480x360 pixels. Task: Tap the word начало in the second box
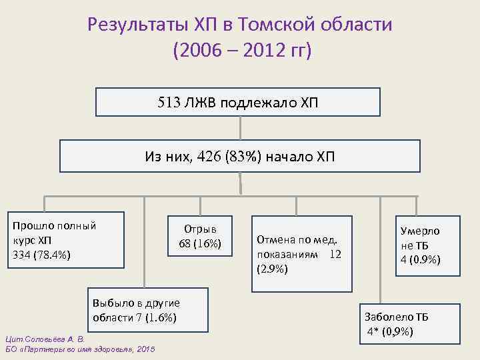coord(289,157)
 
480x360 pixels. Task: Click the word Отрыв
coord(199,228)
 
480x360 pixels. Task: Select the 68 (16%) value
coord(199,243)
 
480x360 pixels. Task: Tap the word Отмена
coord(275,241)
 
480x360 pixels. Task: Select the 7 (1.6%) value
coord(155,317)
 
